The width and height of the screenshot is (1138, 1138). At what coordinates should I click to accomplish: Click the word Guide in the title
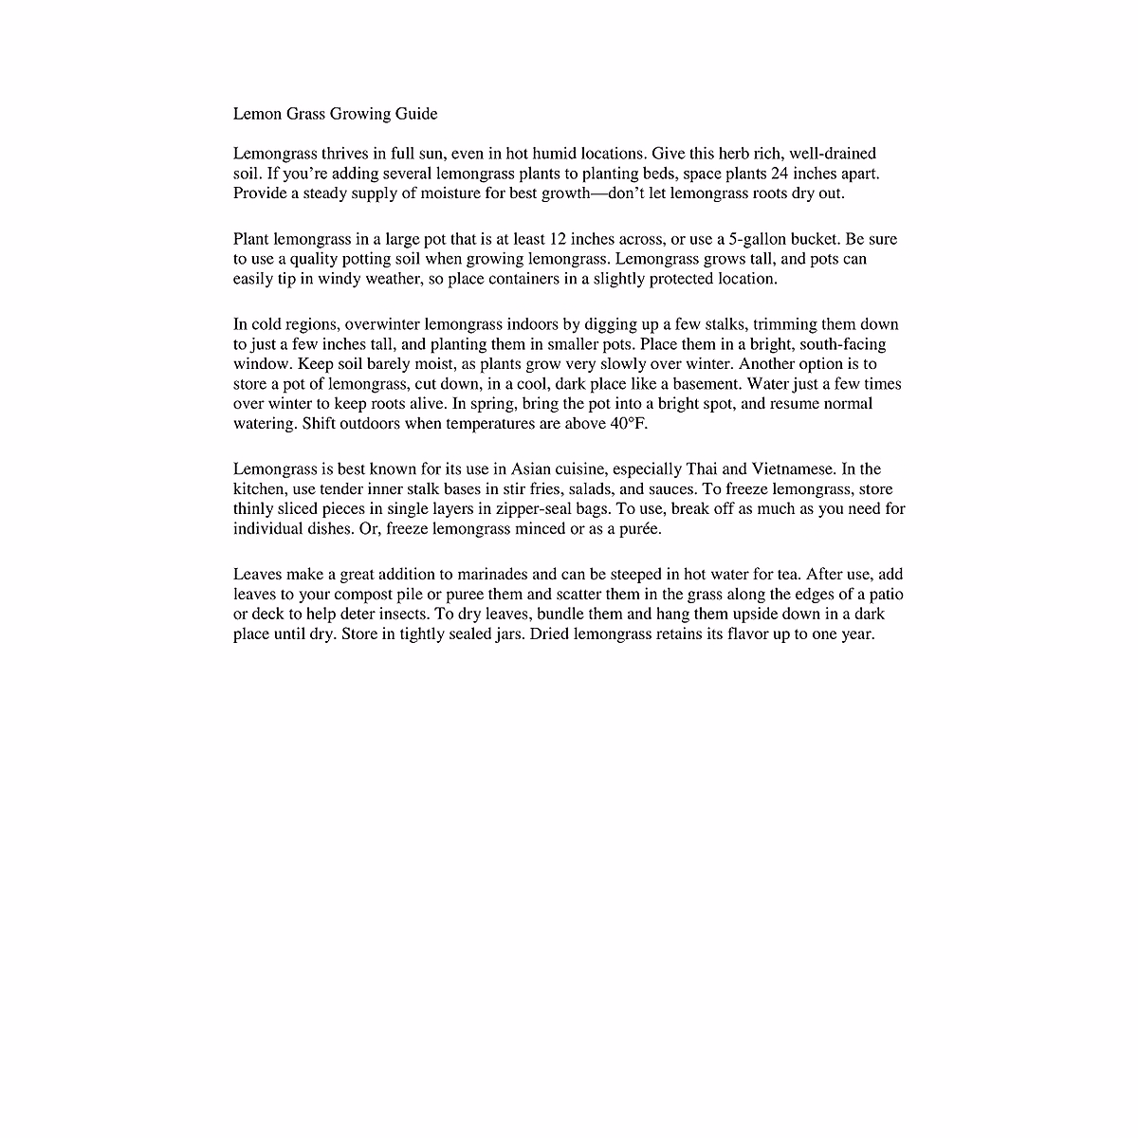[418, 115]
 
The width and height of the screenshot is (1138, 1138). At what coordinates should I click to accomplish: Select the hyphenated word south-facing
[842, 344]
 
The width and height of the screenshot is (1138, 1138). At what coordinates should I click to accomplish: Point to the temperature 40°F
[627, 424]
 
